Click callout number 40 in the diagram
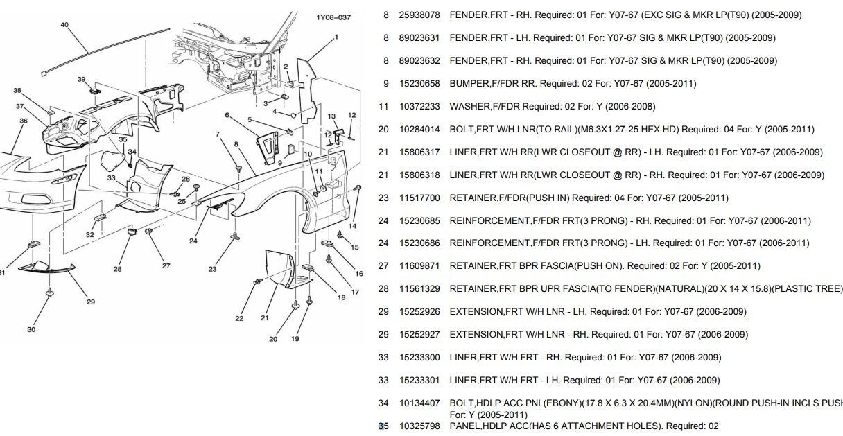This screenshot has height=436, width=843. (64, 24)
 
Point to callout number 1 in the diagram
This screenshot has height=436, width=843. (336, 37)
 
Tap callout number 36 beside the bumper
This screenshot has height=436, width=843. (24, 121)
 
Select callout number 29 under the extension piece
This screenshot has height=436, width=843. (91, 302)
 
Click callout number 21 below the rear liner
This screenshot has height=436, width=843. (265, 318)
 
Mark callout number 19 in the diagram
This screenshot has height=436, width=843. (295, 339)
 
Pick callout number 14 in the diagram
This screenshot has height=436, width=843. (352, 226)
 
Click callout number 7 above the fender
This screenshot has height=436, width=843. (217, 134)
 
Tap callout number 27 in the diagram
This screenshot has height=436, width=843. (166, 265)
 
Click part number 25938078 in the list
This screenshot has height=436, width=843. (419, 15)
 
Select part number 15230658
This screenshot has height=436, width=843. (419, 84)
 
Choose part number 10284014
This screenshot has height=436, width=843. (419, 130)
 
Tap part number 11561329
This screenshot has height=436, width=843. (419, 289)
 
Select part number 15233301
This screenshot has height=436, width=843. (419, 381)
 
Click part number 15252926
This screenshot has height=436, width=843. (419, 312)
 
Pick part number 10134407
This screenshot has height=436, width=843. (419, 403)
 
